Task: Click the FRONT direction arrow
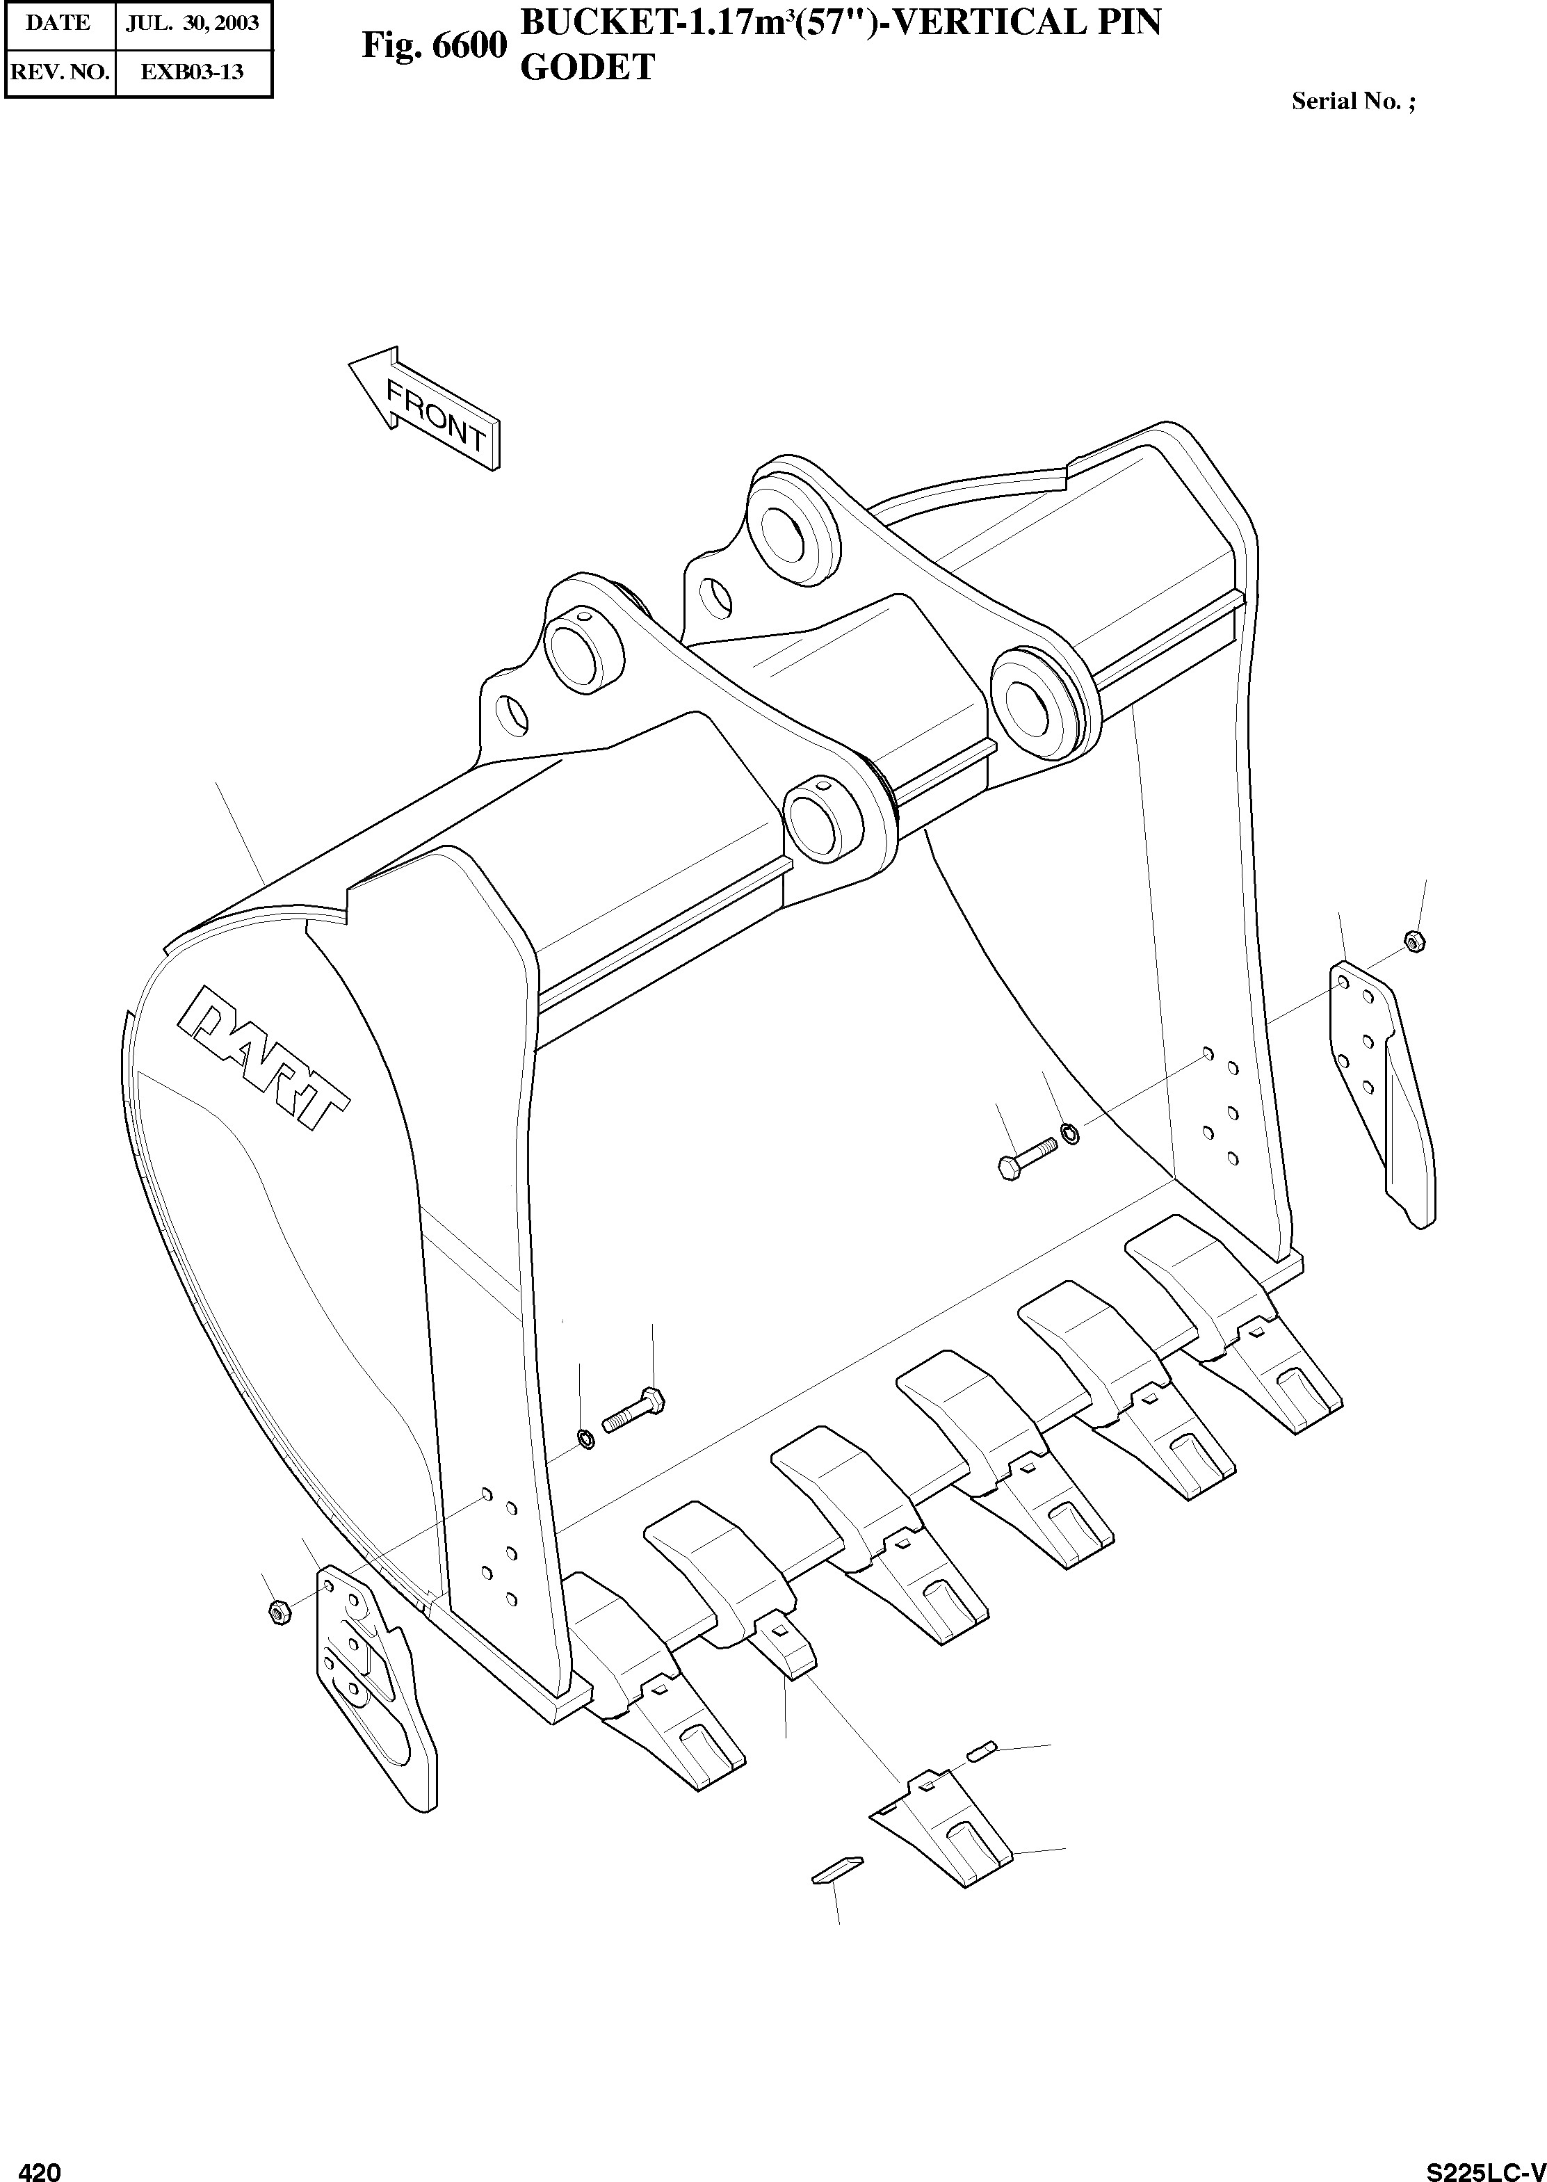pyautogui.click(x=424, y=409)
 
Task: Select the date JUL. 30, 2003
pyautogui.click(x=193, y=23)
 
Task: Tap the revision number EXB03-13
pyautogui.click(x=193, y=72)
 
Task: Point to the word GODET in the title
pyautogui.click(x=587, y=67)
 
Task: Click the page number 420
pyautogui.click(x=40, y=2164)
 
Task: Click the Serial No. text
pyautogui.click(x=1353, y=102)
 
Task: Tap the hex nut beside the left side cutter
pyautogui.click(x=279, y=1613)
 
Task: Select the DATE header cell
pyautogui.click(x=59, y=23)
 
